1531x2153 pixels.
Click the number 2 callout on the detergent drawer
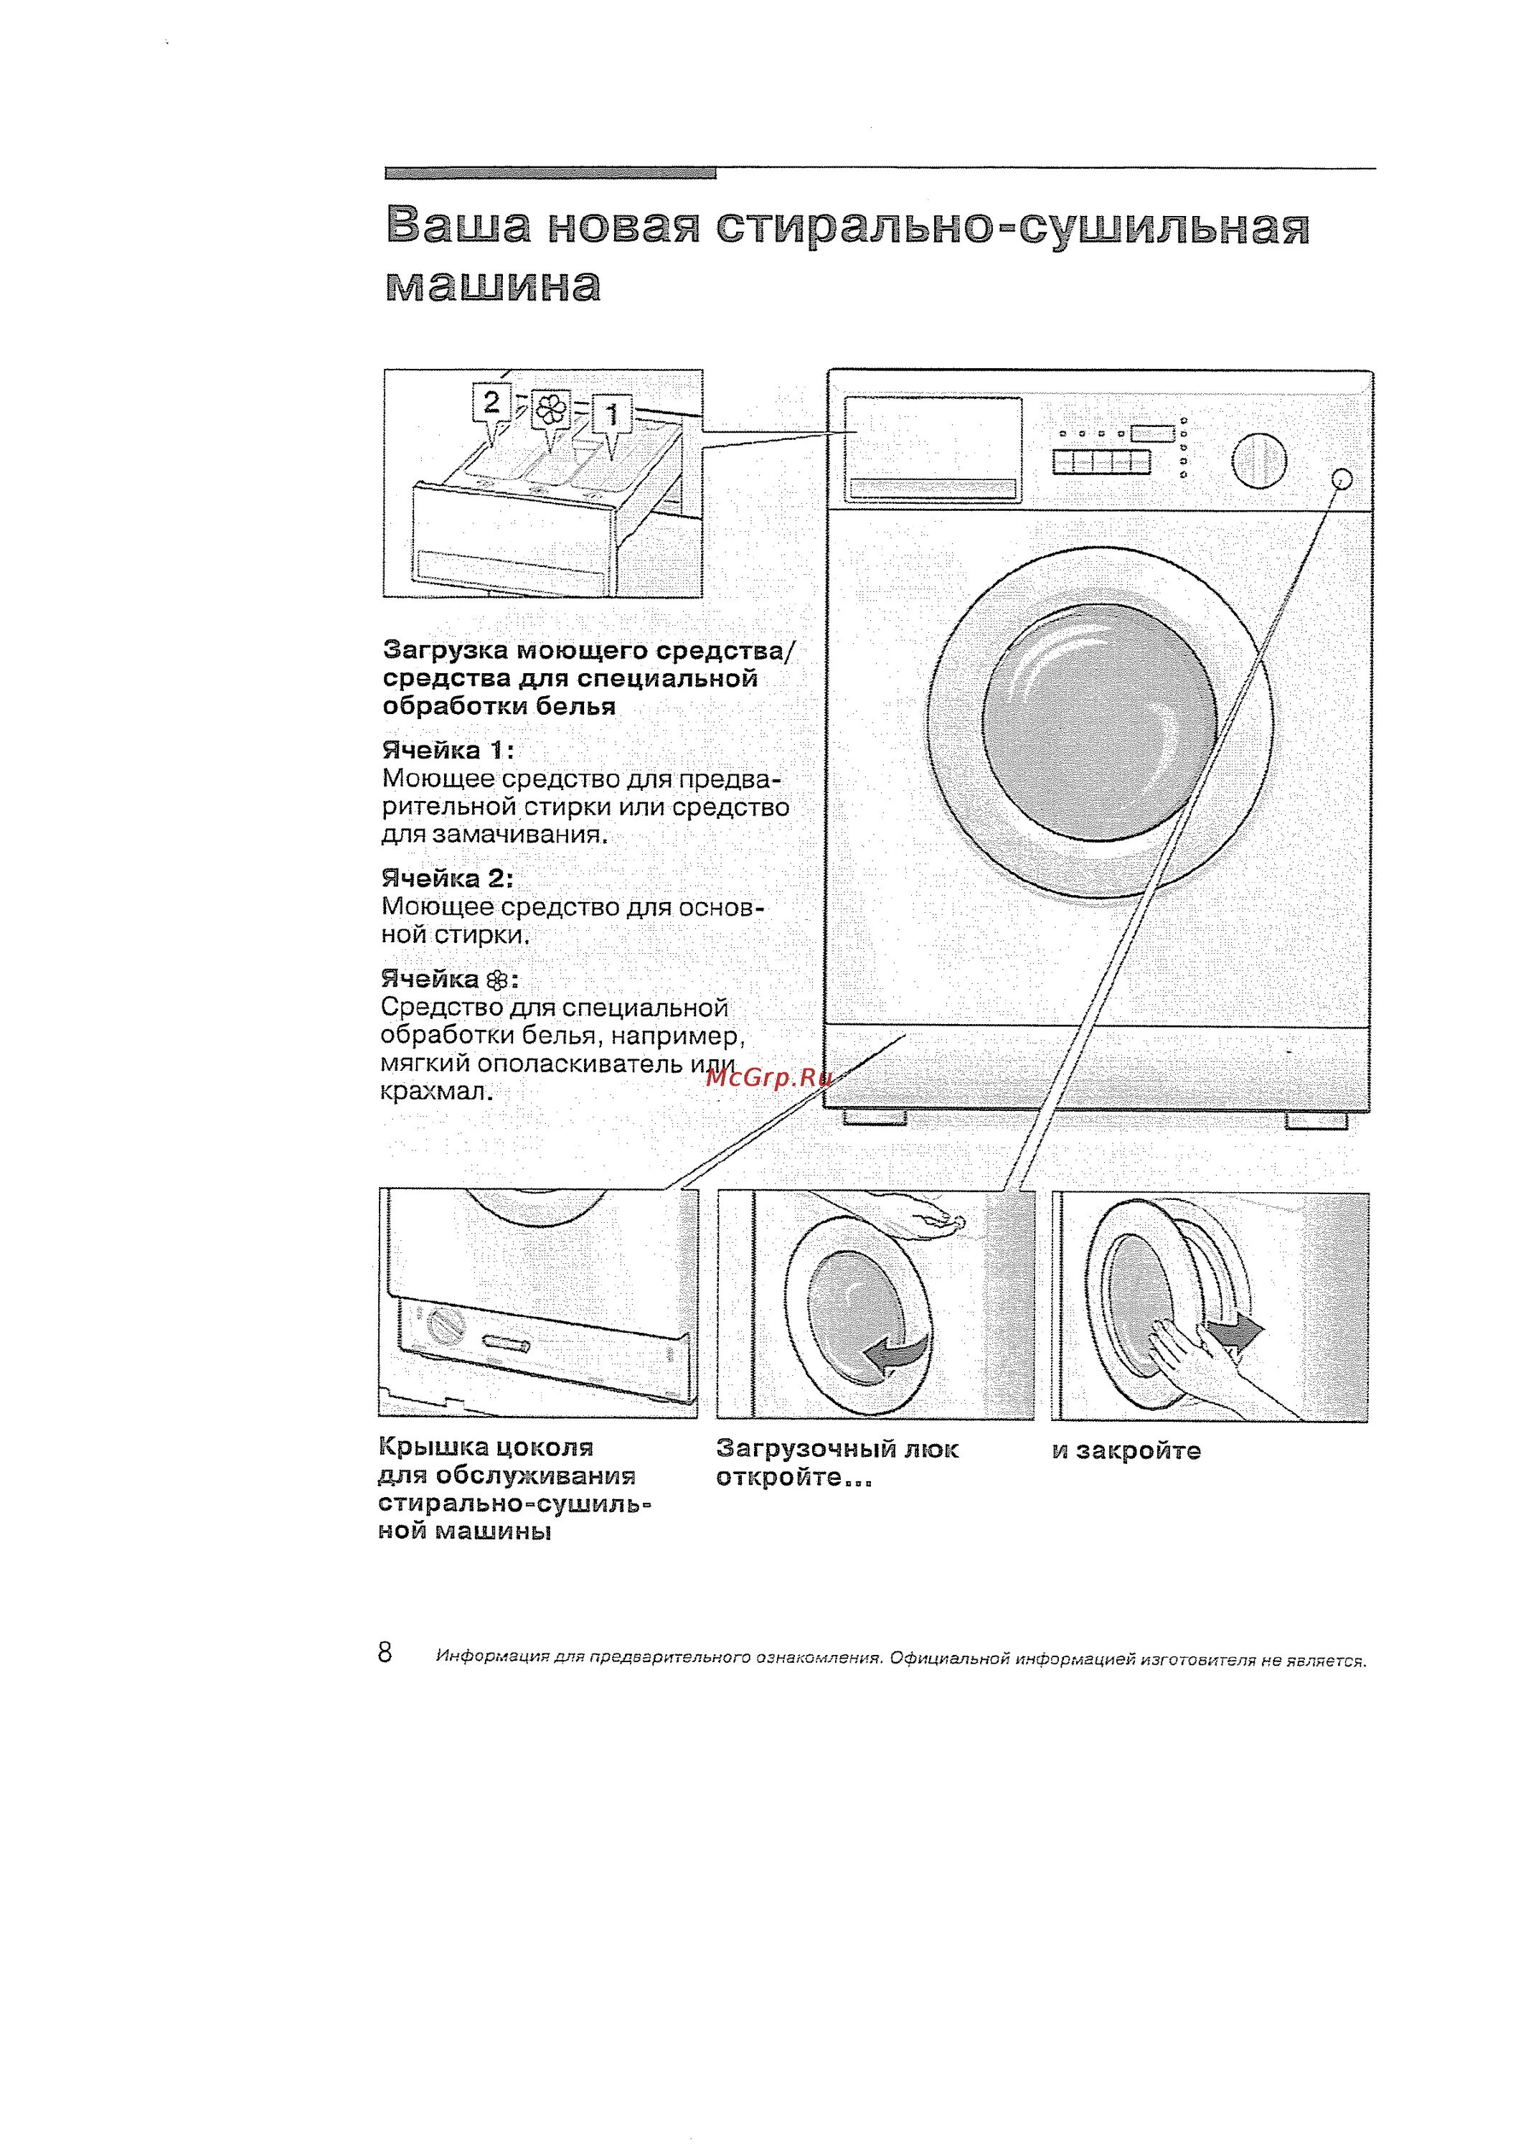pos(491,403)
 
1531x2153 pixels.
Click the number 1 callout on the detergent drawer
pos(613,414)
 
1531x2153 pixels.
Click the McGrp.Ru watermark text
pos(768,1077)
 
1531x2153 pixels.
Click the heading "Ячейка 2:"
pos(447,879)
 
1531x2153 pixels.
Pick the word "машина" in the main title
pos(493,285)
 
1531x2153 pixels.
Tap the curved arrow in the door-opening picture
pos(895,1355)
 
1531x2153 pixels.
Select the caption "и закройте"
pos(1126,1450)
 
